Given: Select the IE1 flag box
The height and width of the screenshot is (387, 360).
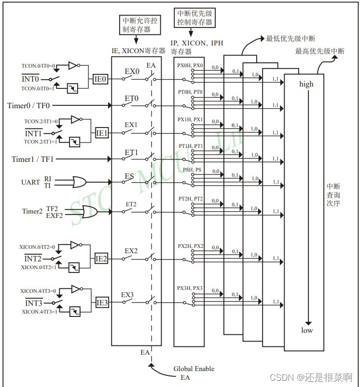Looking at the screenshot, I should (102, 133).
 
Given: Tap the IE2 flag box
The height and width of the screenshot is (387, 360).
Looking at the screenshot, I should (101, 258).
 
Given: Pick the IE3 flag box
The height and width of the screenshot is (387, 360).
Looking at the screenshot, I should (102, 303).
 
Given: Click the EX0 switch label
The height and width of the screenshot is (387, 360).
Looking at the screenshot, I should (132, 72).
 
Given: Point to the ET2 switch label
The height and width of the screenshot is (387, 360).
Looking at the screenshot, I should (131, 204).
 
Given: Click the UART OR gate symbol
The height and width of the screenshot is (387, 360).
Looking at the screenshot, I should (79, 182).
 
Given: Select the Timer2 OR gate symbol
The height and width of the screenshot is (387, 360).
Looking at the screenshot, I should (90, 212).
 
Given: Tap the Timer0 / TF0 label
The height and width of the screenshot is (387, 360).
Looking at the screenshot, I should (29, 105).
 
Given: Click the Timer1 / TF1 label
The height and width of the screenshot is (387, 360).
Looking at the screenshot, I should (33, 158).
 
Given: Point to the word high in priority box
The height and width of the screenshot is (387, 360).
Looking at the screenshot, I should (306, 84).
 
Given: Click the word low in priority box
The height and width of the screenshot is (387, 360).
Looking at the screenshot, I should (307, 330).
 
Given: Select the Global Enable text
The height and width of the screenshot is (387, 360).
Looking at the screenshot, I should (194, 369).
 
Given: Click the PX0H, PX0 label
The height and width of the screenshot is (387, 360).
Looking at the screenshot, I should (190, 65).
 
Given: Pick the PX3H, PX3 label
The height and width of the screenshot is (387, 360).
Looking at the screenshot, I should (190, 288).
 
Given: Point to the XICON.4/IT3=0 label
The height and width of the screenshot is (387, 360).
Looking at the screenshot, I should (38, 291).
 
